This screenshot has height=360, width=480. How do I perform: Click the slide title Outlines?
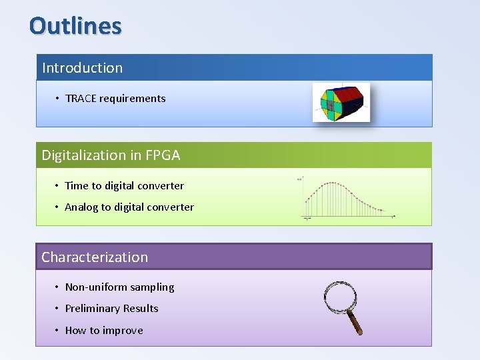75,26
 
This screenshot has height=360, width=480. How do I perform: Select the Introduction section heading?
82,68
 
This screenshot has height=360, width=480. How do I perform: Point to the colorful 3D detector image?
341,103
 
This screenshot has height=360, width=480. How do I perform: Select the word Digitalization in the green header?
84,155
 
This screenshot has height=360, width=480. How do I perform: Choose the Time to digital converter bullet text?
124,186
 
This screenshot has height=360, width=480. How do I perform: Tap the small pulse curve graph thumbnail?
347,199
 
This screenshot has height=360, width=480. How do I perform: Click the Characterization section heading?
95,257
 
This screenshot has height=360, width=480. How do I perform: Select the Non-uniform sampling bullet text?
119,287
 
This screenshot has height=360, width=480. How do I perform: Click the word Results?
141,309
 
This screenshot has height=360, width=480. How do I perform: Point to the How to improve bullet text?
104,331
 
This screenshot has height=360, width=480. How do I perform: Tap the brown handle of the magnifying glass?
355,323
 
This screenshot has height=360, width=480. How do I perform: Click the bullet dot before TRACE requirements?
58,99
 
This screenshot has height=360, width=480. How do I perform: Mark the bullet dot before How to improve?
58,331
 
